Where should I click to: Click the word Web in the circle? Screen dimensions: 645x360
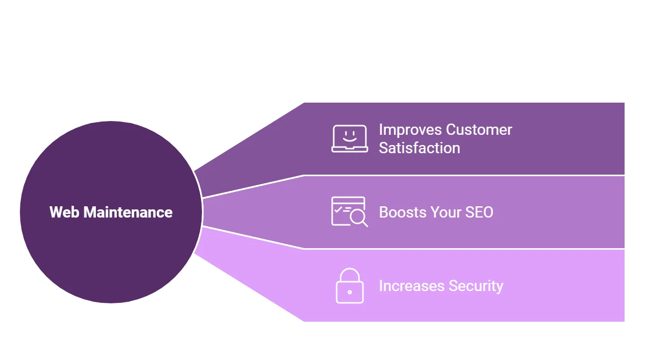tap(64, 212)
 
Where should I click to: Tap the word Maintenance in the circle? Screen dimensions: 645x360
tap(128, 212)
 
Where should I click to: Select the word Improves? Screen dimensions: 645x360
tap(410, 130)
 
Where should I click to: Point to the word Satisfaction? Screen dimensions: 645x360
tap(419, 148)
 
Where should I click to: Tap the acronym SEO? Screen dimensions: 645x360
tap(480, 212)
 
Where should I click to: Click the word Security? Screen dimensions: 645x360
tap(476, 286)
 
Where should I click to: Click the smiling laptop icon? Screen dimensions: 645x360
tap(350, 139)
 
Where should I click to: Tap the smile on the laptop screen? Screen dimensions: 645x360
tap(350, 139)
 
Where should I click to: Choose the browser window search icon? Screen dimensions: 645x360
tap(349, 212)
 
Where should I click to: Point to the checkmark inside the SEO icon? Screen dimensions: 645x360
tap(338, 209)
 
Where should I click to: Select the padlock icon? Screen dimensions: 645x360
tap(350, 285)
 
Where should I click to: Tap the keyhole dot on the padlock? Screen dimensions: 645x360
tap(350, 292)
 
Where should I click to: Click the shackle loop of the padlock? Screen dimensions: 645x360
tap(350, 269)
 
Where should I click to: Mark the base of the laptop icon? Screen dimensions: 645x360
tap(350, 150)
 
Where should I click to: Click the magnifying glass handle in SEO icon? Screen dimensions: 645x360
tap(365, 224)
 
